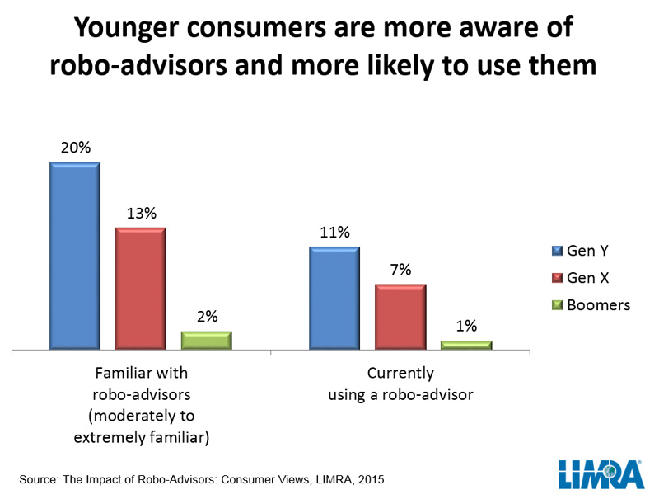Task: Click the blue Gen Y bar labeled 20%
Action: tap(74, 256)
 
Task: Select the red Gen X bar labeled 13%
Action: tap(140, 289)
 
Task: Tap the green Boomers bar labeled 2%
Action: tap(206, 341)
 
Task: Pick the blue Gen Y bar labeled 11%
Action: tap(334, 298)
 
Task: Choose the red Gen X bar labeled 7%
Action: tap(400, 317)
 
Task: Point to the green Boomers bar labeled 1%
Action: tap(465, 346)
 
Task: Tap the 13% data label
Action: tap(141, 213)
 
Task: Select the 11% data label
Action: tap(334, 232)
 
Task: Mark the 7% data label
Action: tap(400, 270)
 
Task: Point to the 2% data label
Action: tap(207, 316)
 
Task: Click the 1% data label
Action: tap(466, 326)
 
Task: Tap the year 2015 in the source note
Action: tap(368, 478)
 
